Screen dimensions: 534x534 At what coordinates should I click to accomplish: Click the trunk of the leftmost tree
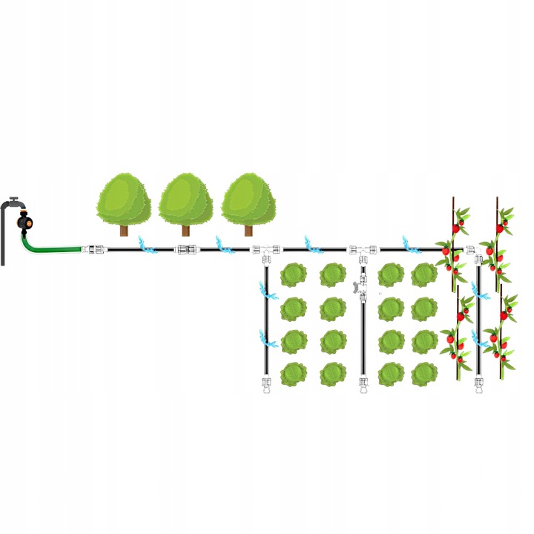(124, 229)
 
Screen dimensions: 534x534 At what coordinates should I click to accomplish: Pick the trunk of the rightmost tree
(248, 229)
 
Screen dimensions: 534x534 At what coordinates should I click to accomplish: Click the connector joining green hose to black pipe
(93, 250)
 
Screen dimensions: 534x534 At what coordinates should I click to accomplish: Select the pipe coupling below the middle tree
(186, 250)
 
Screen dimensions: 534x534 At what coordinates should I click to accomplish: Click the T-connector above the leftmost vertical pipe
(265, 251)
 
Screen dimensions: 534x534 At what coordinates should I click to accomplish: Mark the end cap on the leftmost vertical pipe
(266, 385)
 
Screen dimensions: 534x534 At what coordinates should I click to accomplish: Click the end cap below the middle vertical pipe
(363, 385)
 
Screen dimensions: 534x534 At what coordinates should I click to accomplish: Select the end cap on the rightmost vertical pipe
(479, 385)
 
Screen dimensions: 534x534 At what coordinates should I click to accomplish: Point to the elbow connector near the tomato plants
(472, 252)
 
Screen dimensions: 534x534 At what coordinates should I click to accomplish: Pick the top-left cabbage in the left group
(294, 275)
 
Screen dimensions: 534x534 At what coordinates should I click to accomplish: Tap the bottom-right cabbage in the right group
(425, 373)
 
